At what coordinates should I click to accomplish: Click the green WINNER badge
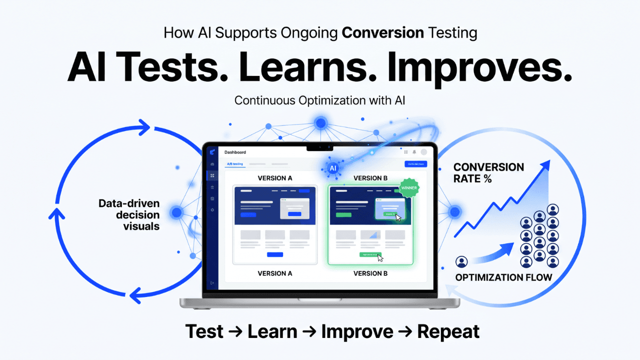click(x=408, y=188)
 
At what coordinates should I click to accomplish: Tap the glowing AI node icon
click(x=332, y=168)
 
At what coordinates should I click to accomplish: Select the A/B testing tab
click(x=234, y=164)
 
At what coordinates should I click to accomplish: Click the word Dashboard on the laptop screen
click(x=235, y=152)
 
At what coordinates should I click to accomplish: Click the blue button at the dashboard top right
click(x=415, y=164)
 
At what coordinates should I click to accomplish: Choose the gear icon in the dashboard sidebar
click(x=212, y=210)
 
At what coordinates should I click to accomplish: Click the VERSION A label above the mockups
click(x=275, y=178)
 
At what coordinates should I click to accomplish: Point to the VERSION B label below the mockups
click(x=370, y=273)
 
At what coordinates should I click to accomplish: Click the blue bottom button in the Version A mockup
click(x=275, y=254)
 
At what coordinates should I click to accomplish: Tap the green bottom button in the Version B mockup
click(x=370, y=254)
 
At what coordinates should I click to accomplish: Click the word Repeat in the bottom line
click(x=448, y=331)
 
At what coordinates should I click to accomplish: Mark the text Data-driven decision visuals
click(x=129, y=215)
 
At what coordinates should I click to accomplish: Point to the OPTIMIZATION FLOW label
click(x=503, y=277)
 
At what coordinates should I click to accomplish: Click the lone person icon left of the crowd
click(x=461, y=261)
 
